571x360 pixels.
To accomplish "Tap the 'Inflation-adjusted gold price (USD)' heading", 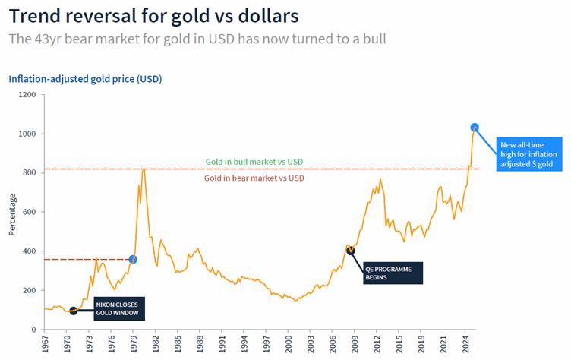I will (x=85, y=79).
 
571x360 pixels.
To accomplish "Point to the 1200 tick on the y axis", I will (x=27, y=95).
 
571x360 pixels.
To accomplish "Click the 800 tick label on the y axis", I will (x=29, y=173).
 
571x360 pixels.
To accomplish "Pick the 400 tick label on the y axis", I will (x=29, y=251).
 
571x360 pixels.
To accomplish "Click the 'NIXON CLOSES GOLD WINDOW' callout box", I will (x=118, y=308).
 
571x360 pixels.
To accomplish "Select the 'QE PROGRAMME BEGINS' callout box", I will (x=391, y=273).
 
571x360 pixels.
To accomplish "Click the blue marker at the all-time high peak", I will (x=475, y=128).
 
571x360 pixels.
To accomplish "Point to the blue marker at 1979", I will (x=134, y=260).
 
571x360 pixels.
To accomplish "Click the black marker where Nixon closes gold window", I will (x=73, y=311).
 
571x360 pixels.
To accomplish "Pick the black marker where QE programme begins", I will (x=350, y=250).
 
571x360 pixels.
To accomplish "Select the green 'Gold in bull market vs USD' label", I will (x=254, y=162).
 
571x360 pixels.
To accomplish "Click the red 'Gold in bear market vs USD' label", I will (x=254, y=178).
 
